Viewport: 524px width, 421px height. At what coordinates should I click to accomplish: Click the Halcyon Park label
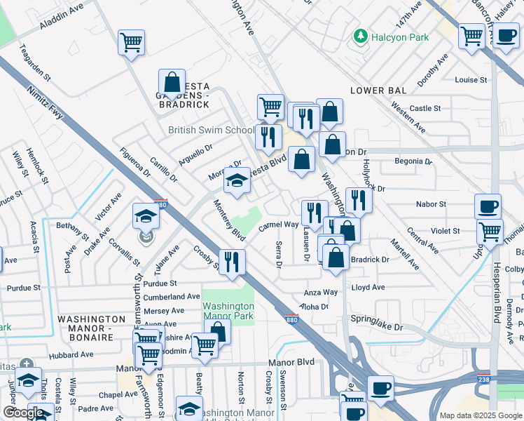point(400,36)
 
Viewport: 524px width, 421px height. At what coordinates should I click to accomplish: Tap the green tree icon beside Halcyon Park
point(360,36)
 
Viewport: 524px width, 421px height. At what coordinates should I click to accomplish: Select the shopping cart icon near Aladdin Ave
point(131,44)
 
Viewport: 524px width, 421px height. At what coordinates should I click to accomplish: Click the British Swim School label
point(212,130)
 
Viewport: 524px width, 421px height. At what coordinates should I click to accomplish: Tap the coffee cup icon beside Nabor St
point(488,207)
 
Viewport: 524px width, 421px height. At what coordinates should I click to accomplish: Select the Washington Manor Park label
point(228,311)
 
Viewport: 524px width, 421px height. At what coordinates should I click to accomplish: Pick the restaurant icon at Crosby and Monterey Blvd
point(233,262)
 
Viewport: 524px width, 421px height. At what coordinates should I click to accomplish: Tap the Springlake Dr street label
point(378,327)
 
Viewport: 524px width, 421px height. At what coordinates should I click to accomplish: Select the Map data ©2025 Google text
point(480,415)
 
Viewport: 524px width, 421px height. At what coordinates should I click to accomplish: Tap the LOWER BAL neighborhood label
point(377,91)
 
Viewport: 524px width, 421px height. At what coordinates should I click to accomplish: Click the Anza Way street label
point(320,292)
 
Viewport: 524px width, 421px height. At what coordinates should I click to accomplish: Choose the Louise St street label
point(470,80)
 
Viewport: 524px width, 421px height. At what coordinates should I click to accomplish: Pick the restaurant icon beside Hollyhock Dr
point(358,200)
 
